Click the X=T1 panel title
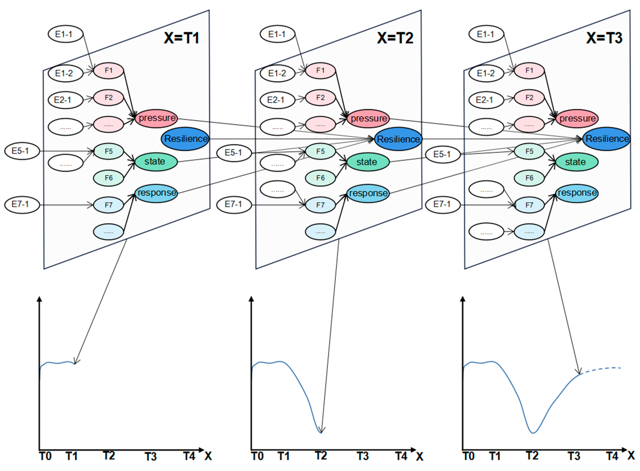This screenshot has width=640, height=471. pyautogui.click(x=181, y=38)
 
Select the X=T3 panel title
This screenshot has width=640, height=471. pyautogui.click(x=604, y=38)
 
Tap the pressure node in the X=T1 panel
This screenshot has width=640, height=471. pyautogui.click(x=156, y=118)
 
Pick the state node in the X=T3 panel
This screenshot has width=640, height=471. pyautogui.click(x=577, y=162)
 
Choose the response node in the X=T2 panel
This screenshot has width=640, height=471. pyautogui.click(x=368, y=193)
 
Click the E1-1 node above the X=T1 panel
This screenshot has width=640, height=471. pyautogui.click(x=65, y=34)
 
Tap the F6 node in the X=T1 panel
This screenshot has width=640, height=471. pyautogui.click(x=108, y=178)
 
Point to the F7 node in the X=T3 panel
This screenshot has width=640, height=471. pyautogui.click(x=529, y=205)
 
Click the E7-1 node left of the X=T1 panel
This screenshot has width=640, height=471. pyautogui.click(x=22, y=204)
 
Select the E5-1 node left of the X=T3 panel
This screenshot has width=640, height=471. pyautogui.click(x=443, y=154)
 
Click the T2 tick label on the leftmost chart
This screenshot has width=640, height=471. pyautogui.click(x=109, y=456)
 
